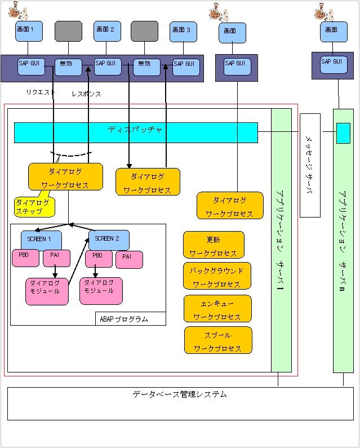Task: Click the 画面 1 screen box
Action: pyautogui.click(x=29, y=31)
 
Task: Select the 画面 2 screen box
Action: pyautogui.click(x=108, y=31)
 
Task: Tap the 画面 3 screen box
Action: pyautogui.click(x=183, y=31)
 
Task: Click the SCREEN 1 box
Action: pyautogui.click(x=41, y=239)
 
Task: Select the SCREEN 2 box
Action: pyautogui.click(x=109, y=239)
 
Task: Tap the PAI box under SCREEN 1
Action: pyautogui.click(x=56, y=258)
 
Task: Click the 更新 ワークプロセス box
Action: pyautogui.click(x=214, y=245)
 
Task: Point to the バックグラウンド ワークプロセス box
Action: pyautogui.click(x=217, y=276)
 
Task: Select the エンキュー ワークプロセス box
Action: pyautogui.click(x=217, y=308)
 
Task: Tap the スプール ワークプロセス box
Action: pyautogui.click(x=217, y=340)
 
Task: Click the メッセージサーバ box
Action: pyautogui.click(x=310, y=165)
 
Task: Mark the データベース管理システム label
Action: pyautogui.click(x=180, y=395)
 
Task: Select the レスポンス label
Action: pyautogui.click(x=86, y=94)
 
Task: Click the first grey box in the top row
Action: pyautogui.click(x=68, y=31)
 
